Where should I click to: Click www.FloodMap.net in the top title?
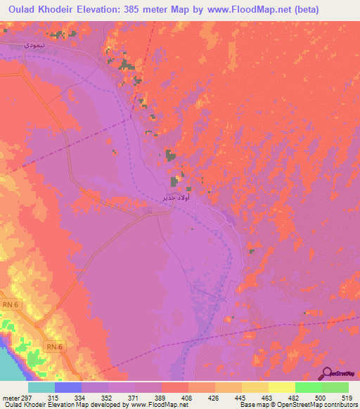point(225,10)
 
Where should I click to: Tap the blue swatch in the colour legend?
point(67,388)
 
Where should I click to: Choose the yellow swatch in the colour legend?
point(281,388)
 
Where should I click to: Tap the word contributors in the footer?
point(337,405)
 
